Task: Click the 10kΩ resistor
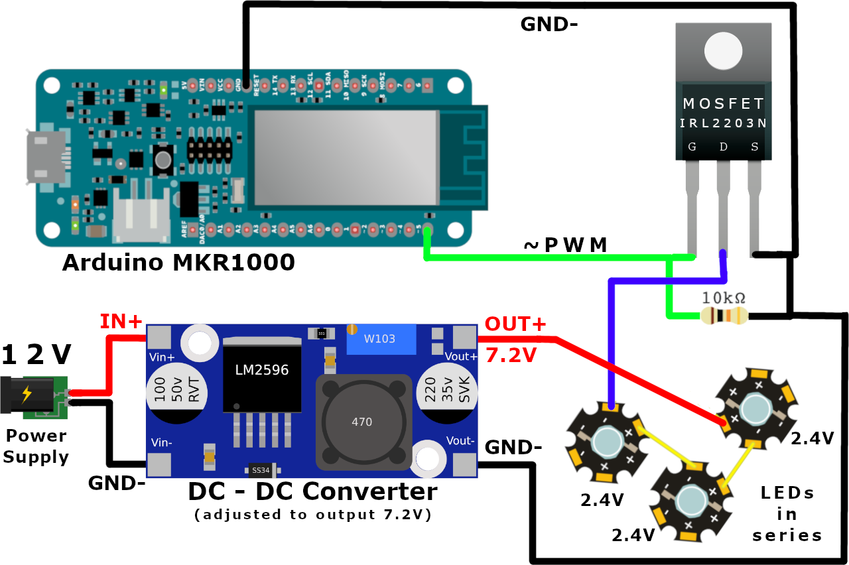(x=724, y=316)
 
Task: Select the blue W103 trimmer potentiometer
(x=379, y=340)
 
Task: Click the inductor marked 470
(x=361, y=421)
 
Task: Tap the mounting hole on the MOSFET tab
(x=723, y=51)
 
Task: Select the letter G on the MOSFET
(x=692, y=147)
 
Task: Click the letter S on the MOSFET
(x=754, y=147)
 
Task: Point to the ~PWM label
(x=565, y=245)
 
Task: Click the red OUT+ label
(x=515, y=325)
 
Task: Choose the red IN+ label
(x=121, y=322)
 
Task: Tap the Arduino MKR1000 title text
(x=178, y=263)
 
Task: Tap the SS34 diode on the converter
(x=261, y=470)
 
